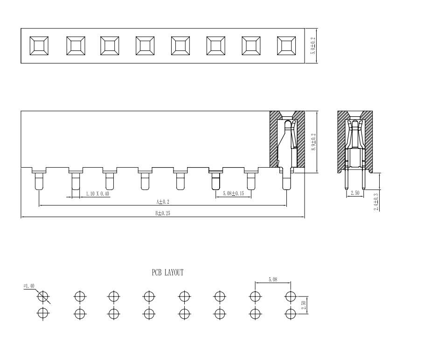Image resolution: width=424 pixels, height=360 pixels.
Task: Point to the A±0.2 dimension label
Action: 162,202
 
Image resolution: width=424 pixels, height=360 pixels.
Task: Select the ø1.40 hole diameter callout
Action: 29,286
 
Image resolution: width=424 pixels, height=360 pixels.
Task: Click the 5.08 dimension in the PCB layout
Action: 273,279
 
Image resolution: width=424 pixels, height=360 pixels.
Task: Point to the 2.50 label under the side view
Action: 354,192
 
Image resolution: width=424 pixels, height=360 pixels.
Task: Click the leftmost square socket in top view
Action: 38,46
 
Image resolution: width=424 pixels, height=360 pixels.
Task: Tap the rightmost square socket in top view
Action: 286,46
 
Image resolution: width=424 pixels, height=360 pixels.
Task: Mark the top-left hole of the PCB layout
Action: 43,296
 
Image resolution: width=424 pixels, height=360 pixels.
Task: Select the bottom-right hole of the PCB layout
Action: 291,313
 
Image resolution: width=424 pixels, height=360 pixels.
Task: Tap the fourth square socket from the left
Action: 145,46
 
